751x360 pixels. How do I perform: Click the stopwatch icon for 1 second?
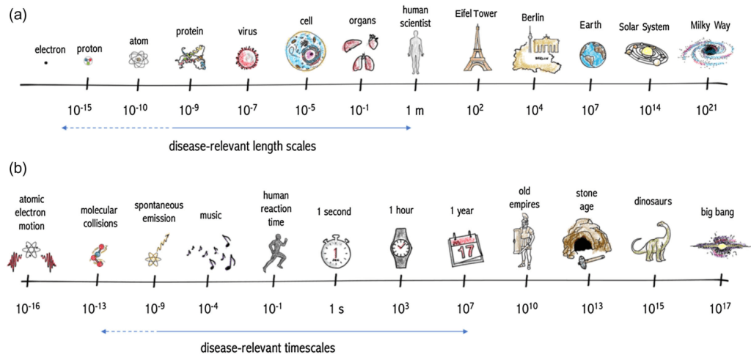coord(334,252)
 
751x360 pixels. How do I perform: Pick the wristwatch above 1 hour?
coord(401,249)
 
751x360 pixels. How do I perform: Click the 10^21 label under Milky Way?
coord(706,111)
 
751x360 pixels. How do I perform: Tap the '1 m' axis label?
coord(415,111)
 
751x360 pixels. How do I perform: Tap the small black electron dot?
coord(45,63)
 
